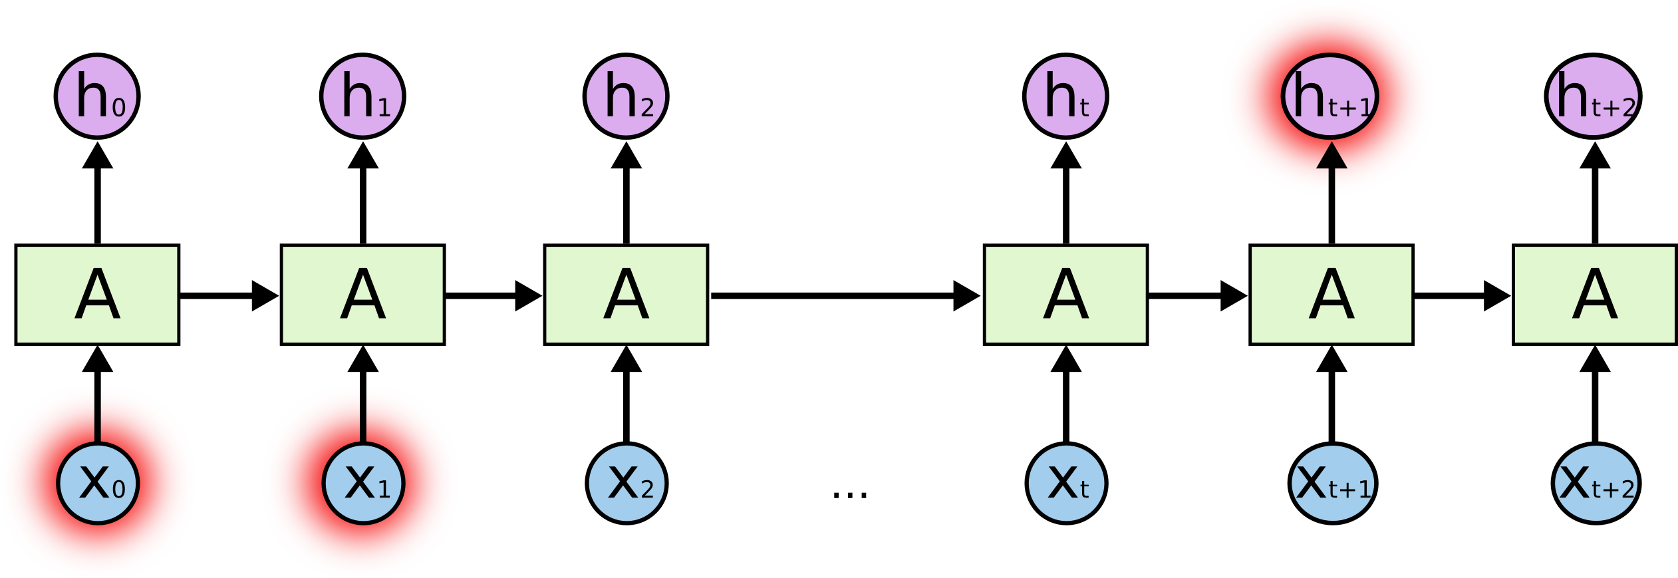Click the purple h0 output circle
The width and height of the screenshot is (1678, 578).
[x=97, y=96]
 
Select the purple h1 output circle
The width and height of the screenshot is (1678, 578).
[x=362, y=96]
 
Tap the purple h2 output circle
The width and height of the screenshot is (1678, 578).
[x=626, y=96]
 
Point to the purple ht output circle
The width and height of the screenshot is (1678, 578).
[x=1065, y=96]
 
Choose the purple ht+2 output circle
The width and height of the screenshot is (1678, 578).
[x=1594, y=96]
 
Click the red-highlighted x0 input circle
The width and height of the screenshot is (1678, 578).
[x=98, y=484]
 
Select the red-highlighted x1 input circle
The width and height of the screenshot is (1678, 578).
[x=363, y=484]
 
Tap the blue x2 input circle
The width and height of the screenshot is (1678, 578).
[x=627, y=484]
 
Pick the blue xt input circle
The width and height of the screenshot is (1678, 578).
[x=1066, y=484]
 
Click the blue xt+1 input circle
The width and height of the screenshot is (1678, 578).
[x=1332, y=484]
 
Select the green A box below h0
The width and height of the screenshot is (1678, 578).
[x=97, y=295]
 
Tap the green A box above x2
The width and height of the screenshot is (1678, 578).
[x=626, y=295]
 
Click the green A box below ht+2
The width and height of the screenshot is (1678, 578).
[x=1595, y=295]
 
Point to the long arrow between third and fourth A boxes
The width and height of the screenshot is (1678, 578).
[x=845, y=295]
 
